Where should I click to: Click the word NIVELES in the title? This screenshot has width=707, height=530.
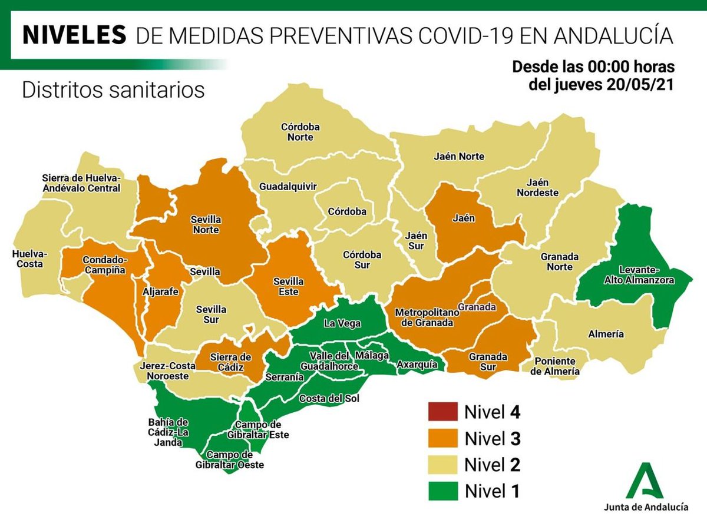[74, 35]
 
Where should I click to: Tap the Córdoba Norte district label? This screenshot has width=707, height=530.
[297, 132]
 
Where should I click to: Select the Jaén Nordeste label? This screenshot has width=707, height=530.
[537, 187]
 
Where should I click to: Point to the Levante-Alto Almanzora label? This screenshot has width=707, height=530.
[638, 276]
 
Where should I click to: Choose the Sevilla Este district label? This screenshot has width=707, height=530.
[288, 287]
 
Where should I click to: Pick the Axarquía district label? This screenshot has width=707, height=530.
[417, 365]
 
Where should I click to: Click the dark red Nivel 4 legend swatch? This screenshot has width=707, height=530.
[442, 412]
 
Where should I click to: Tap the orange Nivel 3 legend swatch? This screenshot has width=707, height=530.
[442, 438]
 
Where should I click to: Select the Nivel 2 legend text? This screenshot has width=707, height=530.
[492, 465]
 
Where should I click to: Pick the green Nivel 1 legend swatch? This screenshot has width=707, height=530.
[442, 491]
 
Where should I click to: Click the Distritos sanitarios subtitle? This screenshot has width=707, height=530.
[113, 90]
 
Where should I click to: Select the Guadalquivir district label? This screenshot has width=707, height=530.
[288, 186]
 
